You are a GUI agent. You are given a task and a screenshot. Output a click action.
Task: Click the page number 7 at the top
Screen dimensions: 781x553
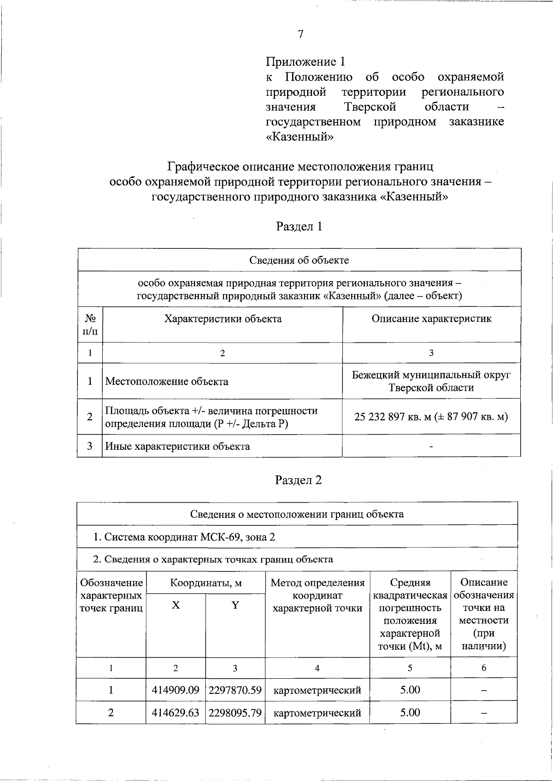coord(300,35)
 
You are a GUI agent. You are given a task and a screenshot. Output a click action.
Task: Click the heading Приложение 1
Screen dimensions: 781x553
coord(305,61)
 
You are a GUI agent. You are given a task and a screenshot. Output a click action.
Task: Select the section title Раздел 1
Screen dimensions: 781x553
coord(299,226)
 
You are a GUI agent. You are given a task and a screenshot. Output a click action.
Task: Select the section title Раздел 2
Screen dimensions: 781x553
coord(298,480)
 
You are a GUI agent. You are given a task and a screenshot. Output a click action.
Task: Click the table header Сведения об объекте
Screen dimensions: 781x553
coord(299,260)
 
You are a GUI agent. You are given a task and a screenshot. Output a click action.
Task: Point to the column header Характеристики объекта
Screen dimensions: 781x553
coord(223,319)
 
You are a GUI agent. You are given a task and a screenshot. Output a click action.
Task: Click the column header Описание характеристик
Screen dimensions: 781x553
coord(431,319)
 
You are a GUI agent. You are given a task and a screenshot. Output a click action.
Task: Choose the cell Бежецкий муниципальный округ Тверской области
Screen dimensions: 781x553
coord(431,381)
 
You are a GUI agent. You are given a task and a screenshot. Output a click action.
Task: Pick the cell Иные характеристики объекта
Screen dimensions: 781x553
coord(178,446)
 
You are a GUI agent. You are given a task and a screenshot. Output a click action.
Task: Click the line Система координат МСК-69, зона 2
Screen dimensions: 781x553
coord(184,537)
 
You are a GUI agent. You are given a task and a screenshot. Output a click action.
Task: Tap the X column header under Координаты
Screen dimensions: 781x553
coord(176,605)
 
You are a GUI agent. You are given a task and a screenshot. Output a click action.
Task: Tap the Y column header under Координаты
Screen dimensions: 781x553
coord(235,605)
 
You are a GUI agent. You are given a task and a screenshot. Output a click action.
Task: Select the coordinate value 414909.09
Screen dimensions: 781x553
coord(176,690)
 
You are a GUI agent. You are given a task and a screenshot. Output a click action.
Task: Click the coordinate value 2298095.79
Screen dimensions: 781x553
coord(235,713)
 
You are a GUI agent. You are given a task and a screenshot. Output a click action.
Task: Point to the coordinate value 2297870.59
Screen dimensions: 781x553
coord(235,690)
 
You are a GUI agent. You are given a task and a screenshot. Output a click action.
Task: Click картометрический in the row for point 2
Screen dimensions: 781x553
coord(317,713)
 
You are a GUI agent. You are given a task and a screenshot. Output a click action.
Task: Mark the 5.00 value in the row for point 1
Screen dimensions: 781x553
coord(410,690)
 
